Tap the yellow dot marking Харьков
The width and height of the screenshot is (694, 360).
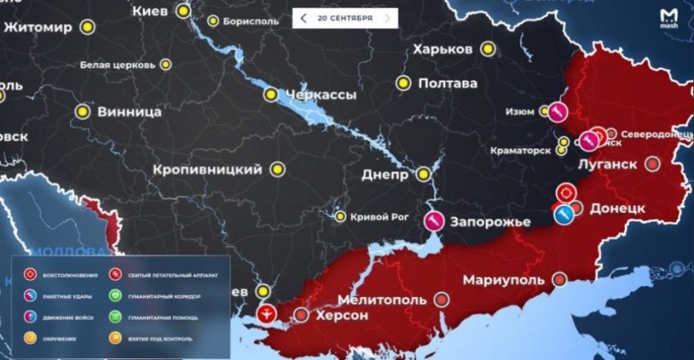[x=488, y=50]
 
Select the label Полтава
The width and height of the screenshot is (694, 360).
[x=447, y=83]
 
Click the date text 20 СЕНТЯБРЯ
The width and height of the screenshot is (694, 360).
[x=345, y=18]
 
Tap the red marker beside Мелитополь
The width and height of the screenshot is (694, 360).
[x=442, y=300]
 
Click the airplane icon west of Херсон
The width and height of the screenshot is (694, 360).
[x=266, y=313]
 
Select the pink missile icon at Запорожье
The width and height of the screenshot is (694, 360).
[x=434, y=219]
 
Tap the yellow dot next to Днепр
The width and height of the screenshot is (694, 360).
[x=423, y=174]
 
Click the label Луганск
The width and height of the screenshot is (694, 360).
[x=607, y=164]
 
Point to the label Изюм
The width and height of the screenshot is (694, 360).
[x=520, y=112]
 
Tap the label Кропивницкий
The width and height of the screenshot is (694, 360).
[x=207, y=170]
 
